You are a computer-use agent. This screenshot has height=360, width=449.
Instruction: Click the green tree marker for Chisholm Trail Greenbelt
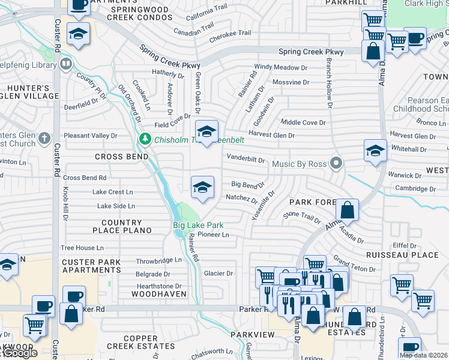[145, 139]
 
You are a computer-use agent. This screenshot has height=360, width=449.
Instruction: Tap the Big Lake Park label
[198, 226]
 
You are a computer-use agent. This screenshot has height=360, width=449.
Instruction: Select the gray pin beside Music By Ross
[337, 163]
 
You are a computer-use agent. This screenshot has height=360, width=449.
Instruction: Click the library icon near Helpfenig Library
[66, 63]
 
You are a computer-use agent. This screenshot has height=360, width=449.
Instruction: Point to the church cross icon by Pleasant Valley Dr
[44, 139]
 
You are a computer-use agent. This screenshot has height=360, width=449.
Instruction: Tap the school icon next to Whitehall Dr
[375, 150]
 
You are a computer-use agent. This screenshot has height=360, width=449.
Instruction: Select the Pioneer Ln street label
[213, 235]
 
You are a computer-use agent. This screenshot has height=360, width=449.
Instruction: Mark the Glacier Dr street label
[218, 273]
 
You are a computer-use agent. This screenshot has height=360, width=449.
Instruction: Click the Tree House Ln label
[82, 247]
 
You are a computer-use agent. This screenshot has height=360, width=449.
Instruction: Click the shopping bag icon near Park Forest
[347, 210]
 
